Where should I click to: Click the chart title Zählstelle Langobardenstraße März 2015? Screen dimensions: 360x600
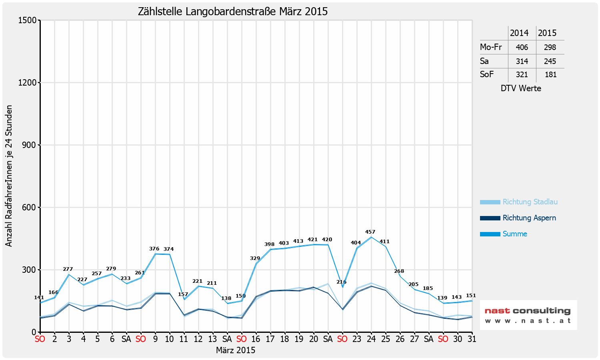coord(233,12)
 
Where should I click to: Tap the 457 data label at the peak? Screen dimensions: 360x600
coord(370,232)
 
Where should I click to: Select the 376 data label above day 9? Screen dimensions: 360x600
coord(154,249)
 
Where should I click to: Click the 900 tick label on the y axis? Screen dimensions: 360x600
coord(29,145)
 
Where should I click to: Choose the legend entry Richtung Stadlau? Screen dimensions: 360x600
coord(530,202)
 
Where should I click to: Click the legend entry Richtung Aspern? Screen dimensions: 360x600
coord(529,218)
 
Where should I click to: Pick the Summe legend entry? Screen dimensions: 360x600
coord(514,234)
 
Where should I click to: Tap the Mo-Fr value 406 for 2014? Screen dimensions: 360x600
coord(522,47)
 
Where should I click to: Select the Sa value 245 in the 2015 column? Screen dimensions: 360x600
coord(550,61)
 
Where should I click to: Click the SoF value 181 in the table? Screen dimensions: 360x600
coord(550,74)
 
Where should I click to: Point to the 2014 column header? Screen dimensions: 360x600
coord(519,33)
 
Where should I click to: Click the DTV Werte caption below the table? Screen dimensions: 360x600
coord(521,88)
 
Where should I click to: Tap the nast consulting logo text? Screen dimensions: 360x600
coord(528,311)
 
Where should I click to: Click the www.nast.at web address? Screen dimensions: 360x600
coord(528,321)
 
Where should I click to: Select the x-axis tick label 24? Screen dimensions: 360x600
coord(371,339)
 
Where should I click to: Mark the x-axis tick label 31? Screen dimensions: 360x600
coord(472,339)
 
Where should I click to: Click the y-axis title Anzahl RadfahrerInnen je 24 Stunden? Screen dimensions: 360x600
coord(9,176)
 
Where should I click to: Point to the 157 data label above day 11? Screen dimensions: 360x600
coord(183,294)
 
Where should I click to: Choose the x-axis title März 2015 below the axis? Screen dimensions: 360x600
coord(236,350)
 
